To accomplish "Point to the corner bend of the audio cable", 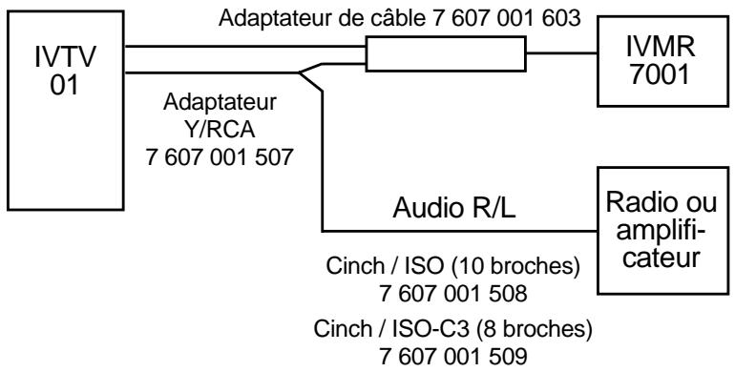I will tap(324, 230).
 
